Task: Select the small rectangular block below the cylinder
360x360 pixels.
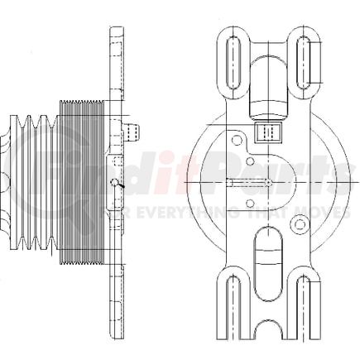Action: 267,132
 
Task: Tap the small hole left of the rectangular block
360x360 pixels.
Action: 238,140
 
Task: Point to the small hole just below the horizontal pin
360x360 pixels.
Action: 251,202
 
